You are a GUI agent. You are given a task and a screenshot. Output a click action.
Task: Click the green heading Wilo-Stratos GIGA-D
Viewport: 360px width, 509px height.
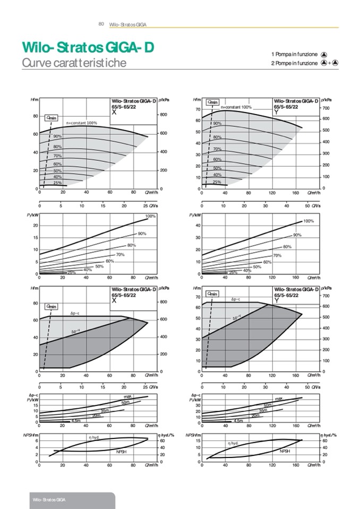tap(88, 48)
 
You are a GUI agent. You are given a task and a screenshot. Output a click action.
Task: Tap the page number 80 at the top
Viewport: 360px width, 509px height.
tap(101, 24)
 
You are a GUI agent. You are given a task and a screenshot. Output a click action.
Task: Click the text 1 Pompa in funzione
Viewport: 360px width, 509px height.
tap(294, 54)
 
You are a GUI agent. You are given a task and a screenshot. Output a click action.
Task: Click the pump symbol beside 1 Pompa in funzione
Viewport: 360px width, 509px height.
tap(324, 54)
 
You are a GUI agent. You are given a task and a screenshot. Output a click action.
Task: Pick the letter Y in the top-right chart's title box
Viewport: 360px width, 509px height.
tap(277, 112)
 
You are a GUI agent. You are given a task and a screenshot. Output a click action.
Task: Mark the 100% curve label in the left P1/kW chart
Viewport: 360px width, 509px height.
tap(150, 216)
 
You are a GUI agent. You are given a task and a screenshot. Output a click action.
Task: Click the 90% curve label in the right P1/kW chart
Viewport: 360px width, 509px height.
tap(297, 235)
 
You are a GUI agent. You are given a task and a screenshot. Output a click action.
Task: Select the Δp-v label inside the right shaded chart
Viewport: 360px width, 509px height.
tap(236, 317)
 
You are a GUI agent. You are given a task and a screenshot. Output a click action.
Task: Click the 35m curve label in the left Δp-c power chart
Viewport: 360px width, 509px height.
tap(105, 411)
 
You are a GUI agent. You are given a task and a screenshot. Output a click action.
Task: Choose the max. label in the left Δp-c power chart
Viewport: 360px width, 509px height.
tap(128, 398)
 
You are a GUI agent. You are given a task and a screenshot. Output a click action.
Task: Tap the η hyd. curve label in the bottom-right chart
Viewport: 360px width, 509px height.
tap(233, 442)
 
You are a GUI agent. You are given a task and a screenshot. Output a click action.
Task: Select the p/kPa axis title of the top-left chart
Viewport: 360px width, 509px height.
tap(164, 99)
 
